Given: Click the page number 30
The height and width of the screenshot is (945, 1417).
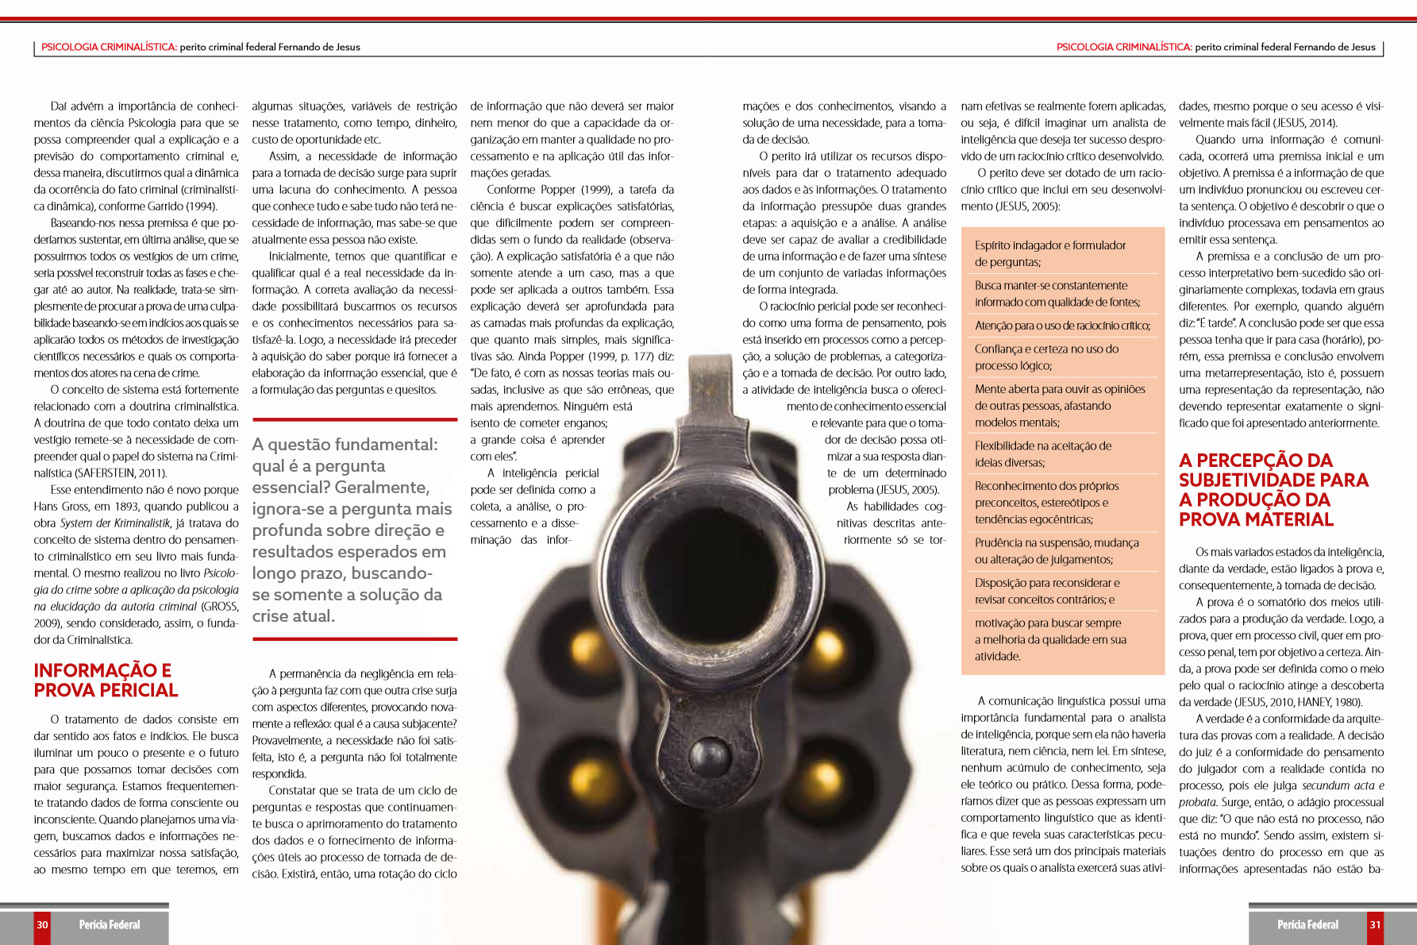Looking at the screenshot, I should (x=42, y=924).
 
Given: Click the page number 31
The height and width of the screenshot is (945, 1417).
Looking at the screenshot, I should (x=1375, y=924).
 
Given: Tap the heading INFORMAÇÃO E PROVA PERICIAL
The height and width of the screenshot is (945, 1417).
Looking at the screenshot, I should (x=106, y=681).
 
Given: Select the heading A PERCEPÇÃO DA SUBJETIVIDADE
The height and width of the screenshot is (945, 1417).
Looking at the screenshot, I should (x=1273, y=490).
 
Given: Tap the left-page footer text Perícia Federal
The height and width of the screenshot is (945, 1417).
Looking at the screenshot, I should (x=110, y=924).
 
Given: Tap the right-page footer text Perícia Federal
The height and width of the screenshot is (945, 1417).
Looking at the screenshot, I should (x=1307, y=924).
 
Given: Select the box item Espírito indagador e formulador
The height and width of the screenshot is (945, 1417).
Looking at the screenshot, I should (x=1050, y=253).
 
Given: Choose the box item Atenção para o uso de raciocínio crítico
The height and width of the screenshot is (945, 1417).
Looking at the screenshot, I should (x=1062, y=326).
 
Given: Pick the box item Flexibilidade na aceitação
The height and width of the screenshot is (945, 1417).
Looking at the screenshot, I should (x=1043, y=454).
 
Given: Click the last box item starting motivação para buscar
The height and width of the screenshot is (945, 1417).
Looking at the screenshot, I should (x=1050, y=639).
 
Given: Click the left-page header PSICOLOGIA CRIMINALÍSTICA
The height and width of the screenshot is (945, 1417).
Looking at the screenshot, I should (x=109, y=47).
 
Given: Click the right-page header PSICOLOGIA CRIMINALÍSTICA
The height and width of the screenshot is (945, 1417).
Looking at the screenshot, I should (x=1124, y=47).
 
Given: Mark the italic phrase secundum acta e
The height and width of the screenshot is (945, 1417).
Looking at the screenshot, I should (x=1342, y=785).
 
